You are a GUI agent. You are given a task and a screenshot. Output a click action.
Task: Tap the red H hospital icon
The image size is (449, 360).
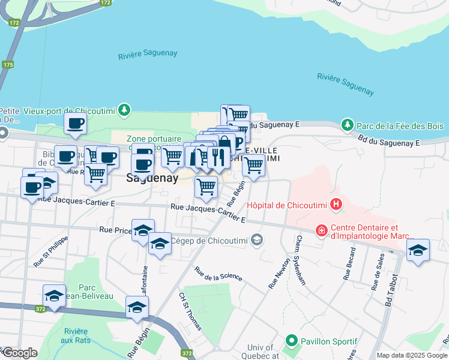336,205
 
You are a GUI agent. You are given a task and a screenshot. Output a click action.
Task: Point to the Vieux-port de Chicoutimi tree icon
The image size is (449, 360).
124,110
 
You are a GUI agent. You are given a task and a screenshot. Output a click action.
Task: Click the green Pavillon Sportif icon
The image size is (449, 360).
292,341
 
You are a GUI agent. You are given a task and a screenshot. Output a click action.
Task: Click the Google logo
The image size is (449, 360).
19,353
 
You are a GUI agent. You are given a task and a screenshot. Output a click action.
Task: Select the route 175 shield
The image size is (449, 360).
8,64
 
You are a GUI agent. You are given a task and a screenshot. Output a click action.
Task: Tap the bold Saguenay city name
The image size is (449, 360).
152,178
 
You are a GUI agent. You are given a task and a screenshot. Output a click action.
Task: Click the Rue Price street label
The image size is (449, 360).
115,230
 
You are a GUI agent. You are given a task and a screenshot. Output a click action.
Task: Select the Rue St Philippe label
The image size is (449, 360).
51,251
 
